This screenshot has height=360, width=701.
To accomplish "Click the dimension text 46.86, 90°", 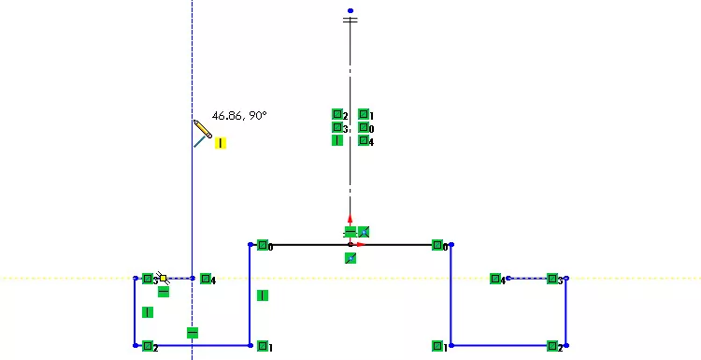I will coord(239,116).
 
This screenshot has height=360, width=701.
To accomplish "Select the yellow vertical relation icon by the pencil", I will coord(221,143).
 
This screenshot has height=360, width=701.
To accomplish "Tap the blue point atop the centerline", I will coord(350,10).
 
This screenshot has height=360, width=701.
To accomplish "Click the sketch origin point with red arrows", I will coord(350,244).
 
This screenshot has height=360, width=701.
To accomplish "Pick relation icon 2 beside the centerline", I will coord(337,115).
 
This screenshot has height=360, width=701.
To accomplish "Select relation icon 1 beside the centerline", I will coord(364,115).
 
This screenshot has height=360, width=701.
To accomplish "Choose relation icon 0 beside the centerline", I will coord(364,128).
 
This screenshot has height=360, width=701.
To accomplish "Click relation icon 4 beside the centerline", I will coord(364,141).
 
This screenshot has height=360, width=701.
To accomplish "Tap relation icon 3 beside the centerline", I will coord(337,128).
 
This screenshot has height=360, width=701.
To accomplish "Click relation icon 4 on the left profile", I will coord(206,279).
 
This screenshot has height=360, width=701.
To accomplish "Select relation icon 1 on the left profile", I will coord(263,346).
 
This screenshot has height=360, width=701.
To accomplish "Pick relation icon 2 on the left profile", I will coord(148,346).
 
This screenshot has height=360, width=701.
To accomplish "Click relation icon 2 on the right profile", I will coord(552,346).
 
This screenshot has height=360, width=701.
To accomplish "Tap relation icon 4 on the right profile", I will coord(495,279).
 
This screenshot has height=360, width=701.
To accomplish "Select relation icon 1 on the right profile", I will coord(437,346).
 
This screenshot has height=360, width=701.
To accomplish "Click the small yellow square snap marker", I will coord(164,278).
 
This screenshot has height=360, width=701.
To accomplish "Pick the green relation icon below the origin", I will coord(350,258).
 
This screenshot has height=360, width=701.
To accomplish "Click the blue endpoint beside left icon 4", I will coord(193,278).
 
